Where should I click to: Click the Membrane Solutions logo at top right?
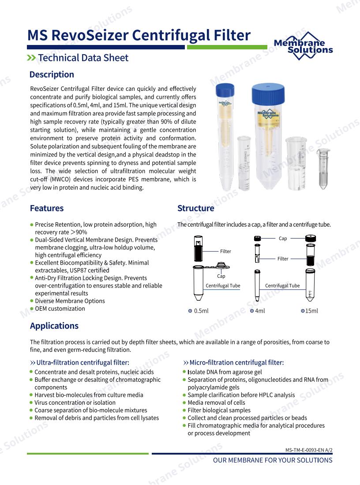coord(303,46)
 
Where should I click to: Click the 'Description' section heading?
coord(52,75)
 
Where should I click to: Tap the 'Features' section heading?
coord(47,208)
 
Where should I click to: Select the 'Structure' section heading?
coord(196,208)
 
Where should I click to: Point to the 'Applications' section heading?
coord(54,326)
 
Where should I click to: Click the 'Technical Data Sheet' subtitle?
coord(83,58)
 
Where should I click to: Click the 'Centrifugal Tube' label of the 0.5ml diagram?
coord(223,286)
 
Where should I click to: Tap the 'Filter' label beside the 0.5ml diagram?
coord(225,251)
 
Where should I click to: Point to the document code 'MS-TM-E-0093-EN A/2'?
coord(309,450)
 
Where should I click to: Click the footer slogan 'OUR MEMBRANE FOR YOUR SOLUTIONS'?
coord(273,460)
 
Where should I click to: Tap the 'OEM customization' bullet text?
coord(60,309)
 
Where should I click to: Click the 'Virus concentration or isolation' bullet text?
coord(75,403)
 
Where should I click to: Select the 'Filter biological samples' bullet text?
coord(219,410)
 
